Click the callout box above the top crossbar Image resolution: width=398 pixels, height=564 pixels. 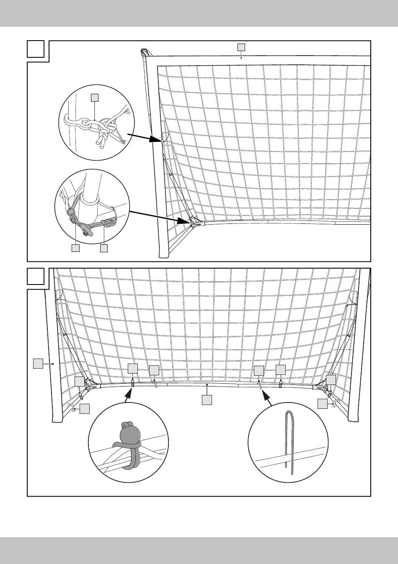[x=241, y=46]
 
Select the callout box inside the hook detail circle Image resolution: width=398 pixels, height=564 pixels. [x=95, y=97]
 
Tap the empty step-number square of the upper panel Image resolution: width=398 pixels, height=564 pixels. [x=36, y=49]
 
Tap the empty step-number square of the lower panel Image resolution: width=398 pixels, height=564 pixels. [x=36, y=276]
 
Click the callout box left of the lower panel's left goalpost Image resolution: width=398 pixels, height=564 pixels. [x=38, y=363]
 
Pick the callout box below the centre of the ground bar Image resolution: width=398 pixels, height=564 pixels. [x=207, y=400]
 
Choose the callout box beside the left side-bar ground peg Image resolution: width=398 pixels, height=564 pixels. [x=85, y=409]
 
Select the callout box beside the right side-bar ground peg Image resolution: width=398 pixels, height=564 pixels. [x=322, y=403]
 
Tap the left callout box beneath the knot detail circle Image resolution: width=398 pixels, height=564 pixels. [x=75, y=248]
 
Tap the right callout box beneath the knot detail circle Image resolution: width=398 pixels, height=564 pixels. [x=104, y=248]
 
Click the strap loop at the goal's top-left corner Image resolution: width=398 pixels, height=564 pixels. [x=145, y=52]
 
